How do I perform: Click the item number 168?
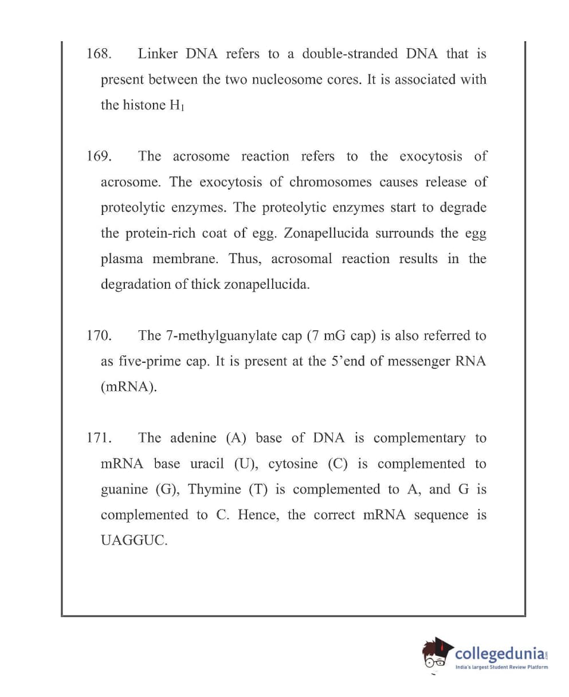coord(98,54)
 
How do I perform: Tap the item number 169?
coord(99,156)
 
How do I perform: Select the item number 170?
coord(99,336)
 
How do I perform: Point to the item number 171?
coord(99,438)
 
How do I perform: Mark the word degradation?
coord(135,285)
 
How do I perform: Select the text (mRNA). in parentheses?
coord(129,387)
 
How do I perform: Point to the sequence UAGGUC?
coord(134,541)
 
